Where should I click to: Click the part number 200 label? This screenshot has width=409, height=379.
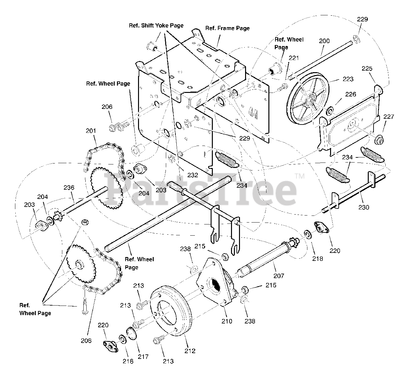point(324,41)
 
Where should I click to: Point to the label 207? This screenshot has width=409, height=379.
point(279,276)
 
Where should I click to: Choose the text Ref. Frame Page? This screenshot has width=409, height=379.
point(227,28)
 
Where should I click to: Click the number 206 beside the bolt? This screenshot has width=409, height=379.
point(107,107)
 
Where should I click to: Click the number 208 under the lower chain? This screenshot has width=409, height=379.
point(86,340)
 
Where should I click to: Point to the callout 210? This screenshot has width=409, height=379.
point(227,321)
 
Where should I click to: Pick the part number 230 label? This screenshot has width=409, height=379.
point(364,207)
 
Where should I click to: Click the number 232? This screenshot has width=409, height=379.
point(193,175)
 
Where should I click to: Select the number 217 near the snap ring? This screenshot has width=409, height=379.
point(143,357)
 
